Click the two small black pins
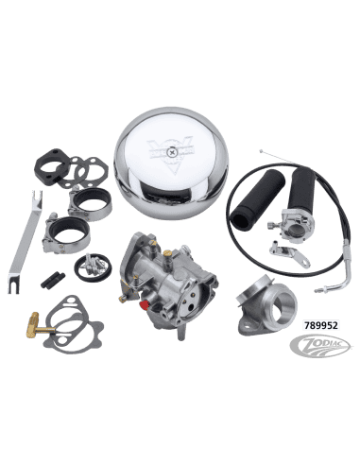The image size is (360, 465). pos(50,280)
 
